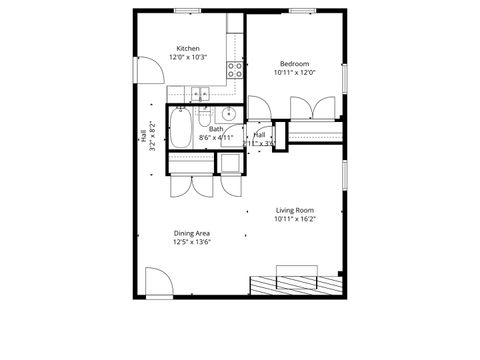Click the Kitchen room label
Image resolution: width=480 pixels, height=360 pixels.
point(188,48)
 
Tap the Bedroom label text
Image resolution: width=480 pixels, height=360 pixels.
point(294,63)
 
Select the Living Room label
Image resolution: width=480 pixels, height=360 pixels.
point(295,210)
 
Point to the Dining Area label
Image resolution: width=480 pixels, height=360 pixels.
point(191,233)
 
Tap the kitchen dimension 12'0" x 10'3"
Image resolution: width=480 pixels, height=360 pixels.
point(188,57)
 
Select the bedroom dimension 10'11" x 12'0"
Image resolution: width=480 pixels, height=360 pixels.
point(294,72)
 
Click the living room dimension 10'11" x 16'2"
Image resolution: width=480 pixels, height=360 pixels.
point(295,219)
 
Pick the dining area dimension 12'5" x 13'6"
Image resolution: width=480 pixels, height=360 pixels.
point(191,242)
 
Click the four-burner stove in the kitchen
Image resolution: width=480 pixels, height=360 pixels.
point(236,70)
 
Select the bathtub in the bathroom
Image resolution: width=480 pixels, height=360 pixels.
point(183,127)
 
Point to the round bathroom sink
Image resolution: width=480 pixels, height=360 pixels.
point(228,113)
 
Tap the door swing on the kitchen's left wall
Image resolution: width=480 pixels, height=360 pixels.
point(147,71)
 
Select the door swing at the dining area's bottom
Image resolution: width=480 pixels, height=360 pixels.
point(158,281)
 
